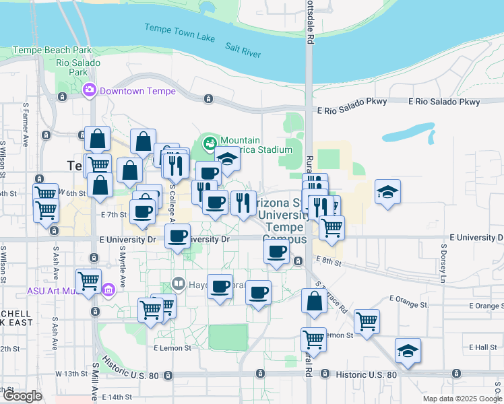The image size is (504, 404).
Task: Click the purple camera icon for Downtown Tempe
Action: click(89, 90)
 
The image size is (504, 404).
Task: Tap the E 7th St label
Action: click(113, 214)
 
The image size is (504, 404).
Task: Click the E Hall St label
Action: click(480, 347)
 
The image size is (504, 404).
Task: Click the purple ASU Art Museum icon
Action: click(108, 290)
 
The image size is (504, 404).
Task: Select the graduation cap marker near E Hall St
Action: click(408, 351)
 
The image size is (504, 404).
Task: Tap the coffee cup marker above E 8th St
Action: click(276, 252)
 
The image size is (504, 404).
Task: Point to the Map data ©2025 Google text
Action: click(462, 399)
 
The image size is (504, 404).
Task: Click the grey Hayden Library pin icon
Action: click(179, 283)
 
